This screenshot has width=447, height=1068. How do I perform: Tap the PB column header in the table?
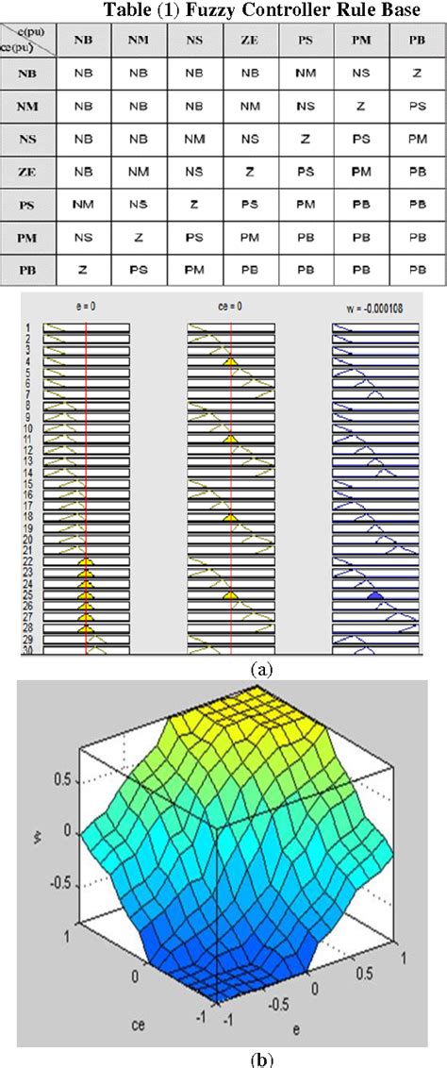pyautogui.click(x=416, y=42)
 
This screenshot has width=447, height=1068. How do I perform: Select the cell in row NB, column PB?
pyautogui.click(x=416, y=74)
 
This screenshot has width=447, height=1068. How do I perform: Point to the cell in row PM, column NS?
pyautogui.click(x=193, y=236)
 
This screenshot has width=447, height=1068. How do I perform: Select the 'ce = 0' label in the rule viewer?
pyautogui.click(x=230, y=307)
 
